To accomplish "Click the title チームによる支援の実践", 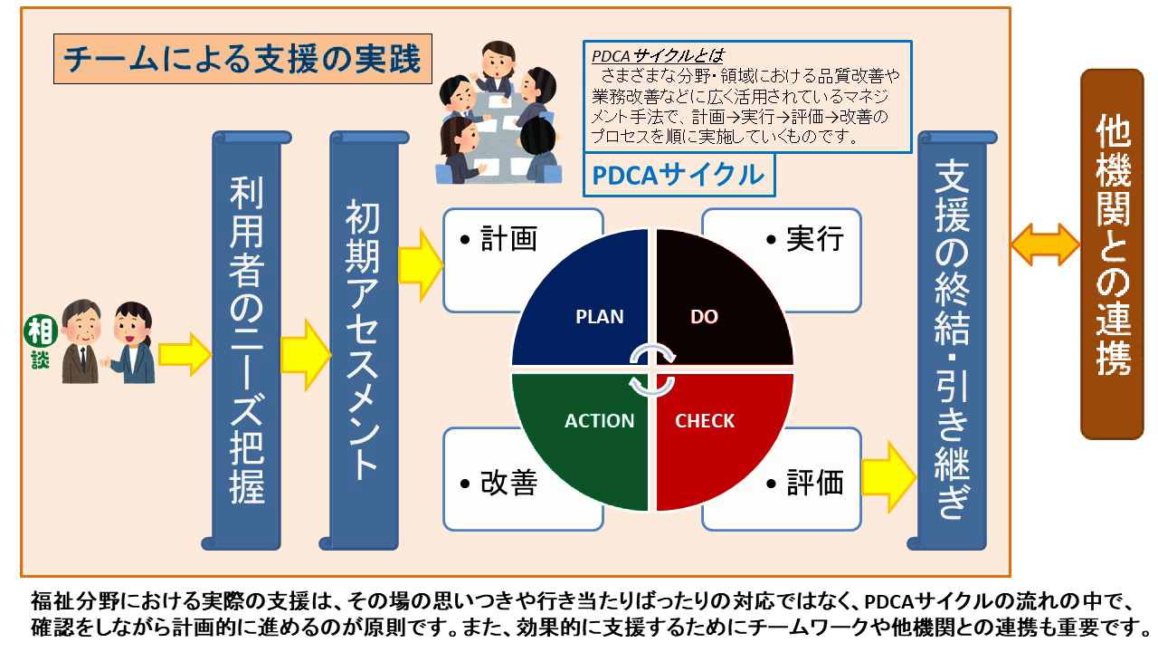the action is coord(242,59).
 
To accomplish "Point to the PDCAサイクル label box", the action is coord(679,175).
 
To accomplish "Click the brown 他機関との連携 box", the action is coord(1112,254).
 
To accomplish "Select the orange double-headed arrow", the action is coord(1045,244).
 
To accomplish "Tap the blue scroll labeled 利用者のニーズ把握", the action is coord(247,340).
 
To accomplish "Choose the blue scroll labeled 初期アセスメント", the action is coord(364,340).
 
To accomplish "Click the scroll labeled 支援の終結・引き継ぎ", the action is coord(953,340).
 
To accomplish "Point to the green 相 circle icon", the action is coord(41,331).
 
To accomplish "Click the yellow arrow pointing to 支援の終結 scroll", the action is coord(888,477).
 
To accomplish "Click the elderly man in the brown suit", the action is coord(81,341).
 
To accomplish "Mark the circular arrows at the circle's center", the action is coord(652,370).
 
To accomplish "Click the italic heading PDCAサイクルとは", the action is coord(658,56).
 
